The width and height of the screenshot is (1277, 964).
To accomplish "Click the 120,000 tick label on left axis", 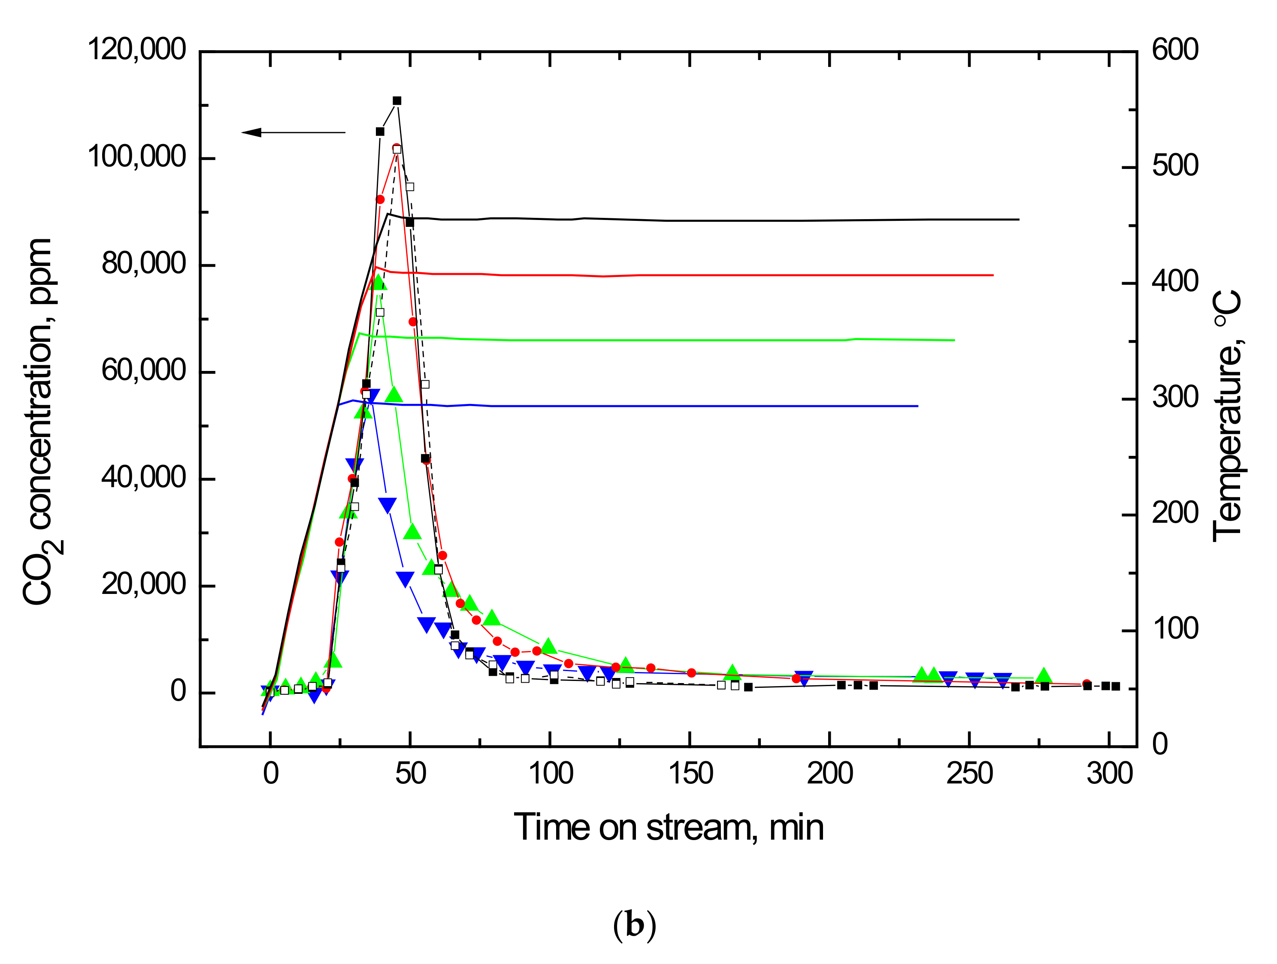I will click(136, 50).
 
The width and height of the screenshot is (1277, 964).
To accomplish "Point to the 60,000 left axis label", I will click(143, 371).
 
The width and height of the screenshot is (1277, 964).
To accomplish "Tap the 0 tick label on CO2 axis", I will click(178, 691).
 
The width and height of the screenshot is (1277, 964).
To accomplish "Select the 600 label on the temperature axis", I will click(1175, 50).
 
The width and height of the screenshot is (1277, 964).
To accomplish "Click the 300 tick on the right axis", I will click(1175, 398).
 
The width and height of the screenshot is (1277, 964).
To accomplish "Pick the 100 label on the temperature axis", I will click(1175, 630).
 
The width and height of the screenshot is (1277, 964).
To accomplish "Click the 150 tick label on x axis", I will click(690, 774).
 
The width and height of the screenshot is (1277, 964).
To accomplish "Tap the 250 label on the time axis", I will click(969, 774).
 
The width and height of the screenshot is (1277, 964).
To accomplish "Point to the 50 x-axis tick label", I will click(411, 774).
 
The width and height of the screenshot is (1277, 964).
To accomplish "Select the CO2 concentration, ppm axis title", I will click(39, 421).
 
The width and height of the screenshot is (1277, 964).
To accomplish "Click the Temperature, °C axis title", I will click(1227, 416).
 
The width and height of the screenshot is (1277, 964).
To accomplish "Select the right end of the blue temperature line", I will click(917, 406).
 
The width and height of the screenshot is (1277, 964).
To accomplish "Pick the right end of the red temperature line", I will click(993, 275).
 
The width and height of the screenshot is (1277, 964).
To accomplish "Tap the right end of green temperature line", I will click(954, 340).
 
